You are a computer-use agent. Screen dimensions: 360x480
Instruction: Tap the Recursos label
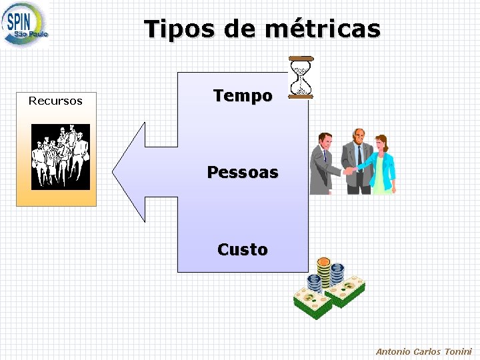(x=55, y=101)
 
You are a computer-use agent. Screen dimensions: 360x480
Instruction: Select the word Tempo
(x=243, y=96)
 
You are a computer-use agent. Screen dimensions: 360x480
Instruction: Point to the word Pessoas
(x=243, y=173)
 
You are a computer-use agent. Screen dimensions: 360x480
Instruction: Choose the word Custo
(x=243, y=250)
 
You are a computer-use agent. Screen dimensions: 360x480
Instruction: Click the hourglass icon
(x=301, y=77)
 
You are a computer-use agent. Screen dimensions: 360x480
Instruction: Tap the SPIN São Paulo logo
(x=25, y=25)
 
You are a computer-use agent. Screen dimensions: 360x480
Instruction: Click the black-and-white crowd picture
(x=61, y=157)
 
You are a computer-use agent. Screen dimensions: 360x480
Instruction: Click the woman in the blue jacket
(x=382, y=165)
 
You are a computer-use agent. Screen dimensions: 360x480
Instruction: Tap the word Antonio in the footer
(x=393, y=351)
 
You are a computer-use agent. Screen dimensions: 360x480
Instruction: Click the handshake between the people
(x=348, y=171)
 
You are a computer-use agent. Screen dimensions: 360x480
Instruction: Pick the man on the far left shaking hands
(x=323, y=163)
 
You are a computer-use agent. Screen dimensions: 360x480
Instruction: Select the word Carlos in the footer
(x=427, y=351)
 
